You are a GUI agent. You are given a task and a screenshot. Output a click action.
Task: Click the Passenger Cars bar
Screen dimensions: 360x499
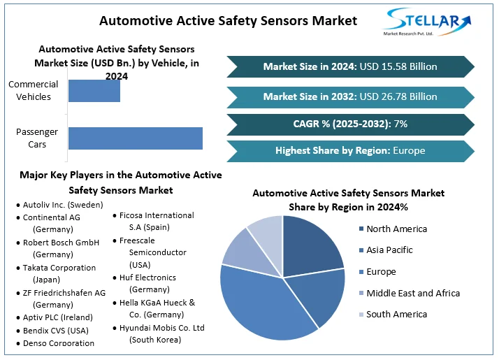click(135, 138)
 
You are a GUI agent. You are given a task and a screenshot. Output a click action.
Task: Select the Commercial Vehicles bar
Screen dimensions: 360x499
click(94, 91)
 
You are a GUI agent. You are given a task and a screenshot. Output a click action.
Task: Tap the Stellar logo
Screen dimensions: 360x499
click(428, 23)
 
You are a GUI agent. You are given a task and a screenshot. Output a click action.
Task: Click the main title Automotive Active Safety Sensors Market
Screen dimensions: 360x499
click(228, 20)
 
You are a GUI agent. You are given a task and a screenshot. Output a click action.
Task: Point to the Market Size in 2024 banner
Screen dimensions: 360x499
click(350, 67)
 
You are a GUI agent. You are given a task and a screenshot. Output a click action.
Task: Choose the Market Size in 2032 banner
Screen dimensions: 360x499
click(350, 96)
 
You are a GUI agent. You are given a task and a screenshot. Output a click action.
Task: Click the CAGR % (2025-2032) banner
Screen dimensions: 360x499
click(350, 124)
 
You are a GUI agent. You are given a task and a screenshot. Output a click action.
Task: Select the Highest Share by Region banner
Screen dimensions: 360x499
click(350, 150)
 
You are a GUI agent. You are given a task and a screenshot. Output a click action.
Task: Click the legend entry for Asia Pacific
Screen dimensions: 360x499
click(389, 250)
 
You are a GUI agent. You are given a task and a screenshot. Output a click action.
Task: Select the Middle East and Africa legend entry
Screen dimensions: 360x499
click(412, 294)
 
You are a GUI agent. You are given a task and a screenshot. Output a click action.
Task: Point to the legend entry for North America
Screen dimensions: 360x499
click(396, 229)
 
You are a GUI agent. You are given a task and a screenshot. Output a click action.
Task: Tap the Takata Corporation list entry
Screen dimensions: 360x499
click(59, 273)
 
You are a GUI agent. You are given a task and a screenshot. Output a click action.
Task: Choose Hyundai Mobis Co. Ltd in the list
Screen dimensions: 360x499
click(161, 333)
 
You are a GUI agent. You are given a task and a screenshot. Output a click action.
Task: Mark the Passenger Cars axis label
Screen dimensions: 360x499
click(36, 138)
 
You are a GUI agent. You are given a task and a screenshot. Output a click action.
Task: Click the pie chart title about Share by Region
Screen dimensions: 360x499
click(348, 200)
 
